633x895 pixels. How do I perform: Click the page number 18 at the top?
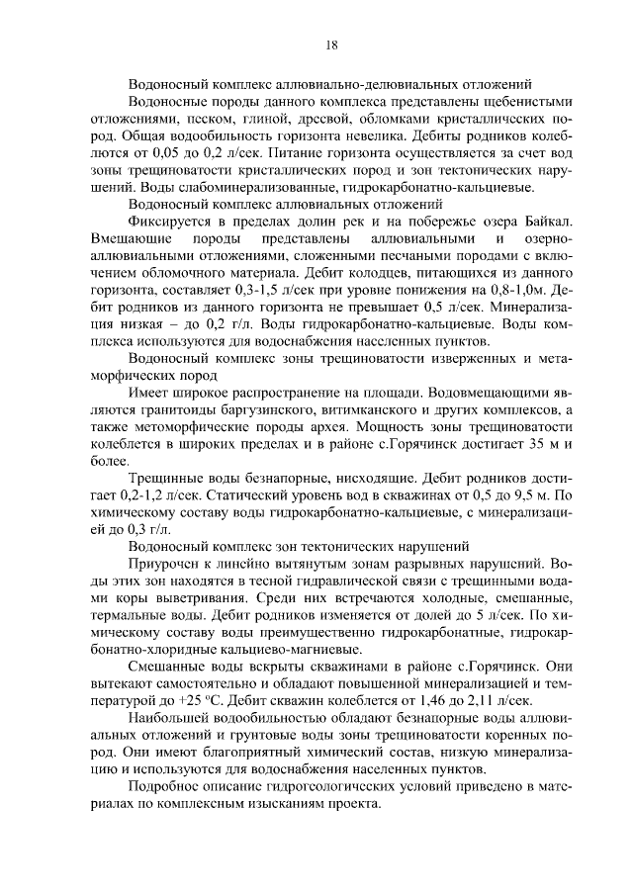coord(331,44)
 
